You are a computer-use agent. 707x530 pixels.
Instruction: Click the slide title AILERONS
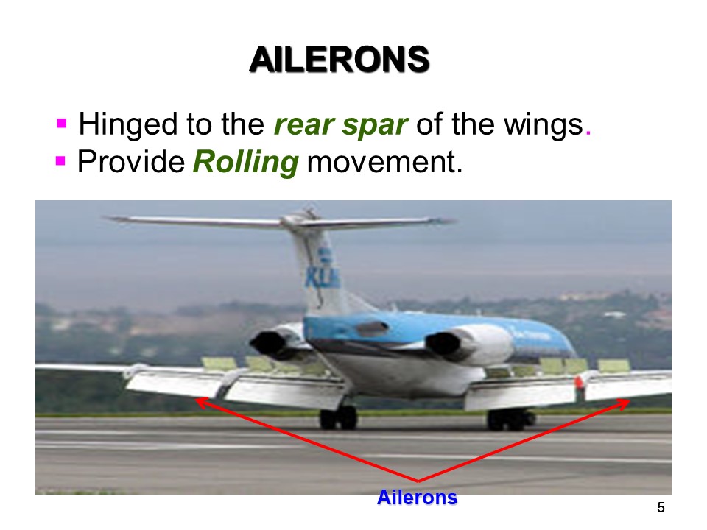point(339,60)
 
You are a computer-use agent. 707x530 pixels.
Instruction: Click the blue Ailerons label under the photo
point(417,498)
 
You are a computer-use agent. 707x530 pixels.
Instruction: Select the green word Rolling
point(245,163)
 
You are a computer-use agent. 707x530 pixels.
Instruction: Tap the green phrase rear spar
point(340,125)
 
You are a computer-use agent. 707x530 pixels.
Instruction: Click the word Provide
point(130,163)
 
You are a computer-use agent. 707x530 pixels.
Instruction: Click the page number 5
point(661,507)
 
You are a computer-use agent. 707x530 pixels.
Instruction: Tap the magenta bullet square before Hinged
point(62,121)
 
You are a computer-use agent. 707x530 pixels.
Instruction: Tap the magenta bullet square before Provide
point(61,159)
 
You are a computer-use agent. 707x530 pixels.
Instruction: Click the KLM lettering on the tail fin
point(322,276)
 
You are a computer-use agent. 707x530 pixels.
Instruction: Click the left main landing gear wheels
point(338,418)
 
